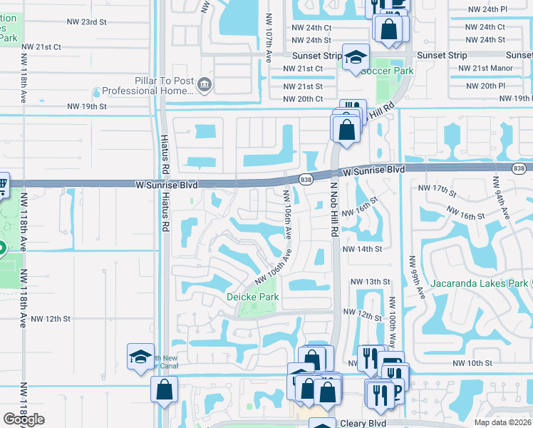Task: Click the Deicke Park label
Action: pos(252,296)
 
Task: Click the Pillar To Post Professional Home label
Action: pos(148,86)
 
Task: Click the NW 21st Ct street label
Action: pos(41,46)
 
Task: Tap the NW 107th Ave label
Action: pos(269,36)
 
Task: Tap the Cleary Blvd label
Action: pos(363,423)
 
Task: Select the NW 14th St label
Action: pos(363,249)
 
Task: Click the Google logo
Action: pos(24,419)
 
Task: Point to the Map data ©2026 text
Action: pos(502,422)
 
